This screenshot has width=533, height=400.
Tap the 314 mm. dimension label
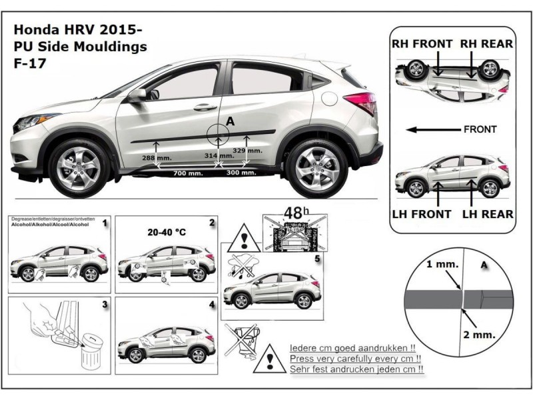pos(221,155)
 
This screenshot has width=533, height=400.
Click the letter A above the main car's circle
pos(231,121)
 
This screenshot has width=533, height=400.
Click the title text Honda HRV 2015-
pos(78,31)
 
